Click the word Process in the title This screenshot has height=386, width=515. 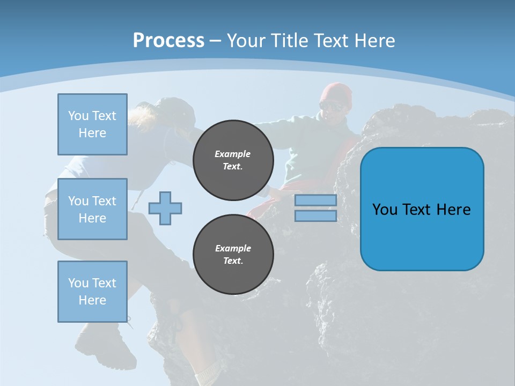(168, 41)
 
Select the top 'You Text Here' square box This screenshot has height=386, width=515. (92, 124)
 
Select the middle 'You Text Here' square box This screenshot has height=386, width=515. (92, 209)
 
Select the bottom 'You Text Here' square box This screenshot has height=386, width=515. (92, 292)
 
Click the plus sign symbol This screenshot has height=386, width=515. (165, 208)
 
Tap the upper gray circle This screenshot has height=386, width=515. (233, 160)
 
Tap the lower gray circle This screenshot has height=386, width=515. (233, 255)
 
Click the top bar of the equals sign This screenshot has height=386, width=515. (315, 201)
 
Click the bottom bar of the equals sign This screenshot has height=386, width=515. (315, 216)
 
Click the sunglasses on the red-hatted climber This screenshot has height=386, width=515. (332, 106)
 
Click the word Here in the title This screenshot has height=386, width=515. (375, 41)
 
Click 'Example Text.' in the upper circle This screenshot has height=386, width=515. (233, 160)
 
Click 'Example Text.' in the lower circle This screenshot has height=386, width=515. (233, 255)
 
